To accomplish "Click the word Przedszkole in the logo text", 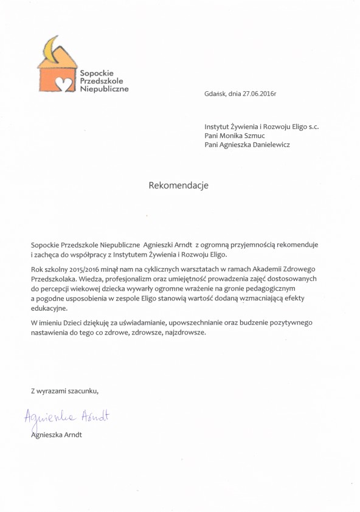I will (x=101, y=81).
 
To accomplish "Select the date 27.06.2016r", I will (x=259, y=94).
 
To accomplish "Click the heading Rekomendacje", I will (x=178, y=185).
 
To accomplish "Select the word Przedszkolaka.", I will (x=54, y=278).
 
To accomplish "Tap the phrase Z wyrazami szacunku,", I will (x=64, y=390).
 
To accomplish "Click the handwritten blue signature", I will (x=67, y=417).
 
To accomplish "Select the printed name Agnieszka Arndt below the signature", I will (x=56, y=435).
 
